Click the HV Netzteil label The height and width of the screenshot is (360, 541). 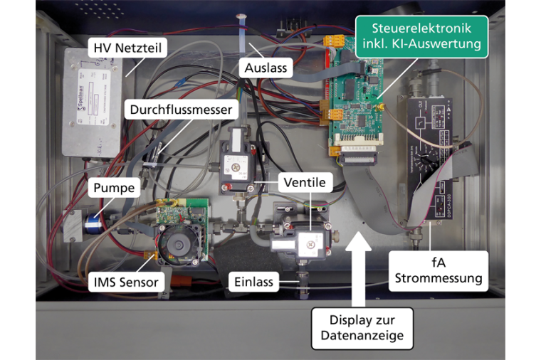coord(127,49)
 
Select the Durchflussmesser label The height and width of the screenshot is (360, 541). coord(181,110)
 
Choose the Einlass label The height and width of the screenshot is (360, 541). coord(253,282)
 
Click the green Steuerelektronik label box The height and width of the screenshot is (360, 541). coord(421,38)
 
